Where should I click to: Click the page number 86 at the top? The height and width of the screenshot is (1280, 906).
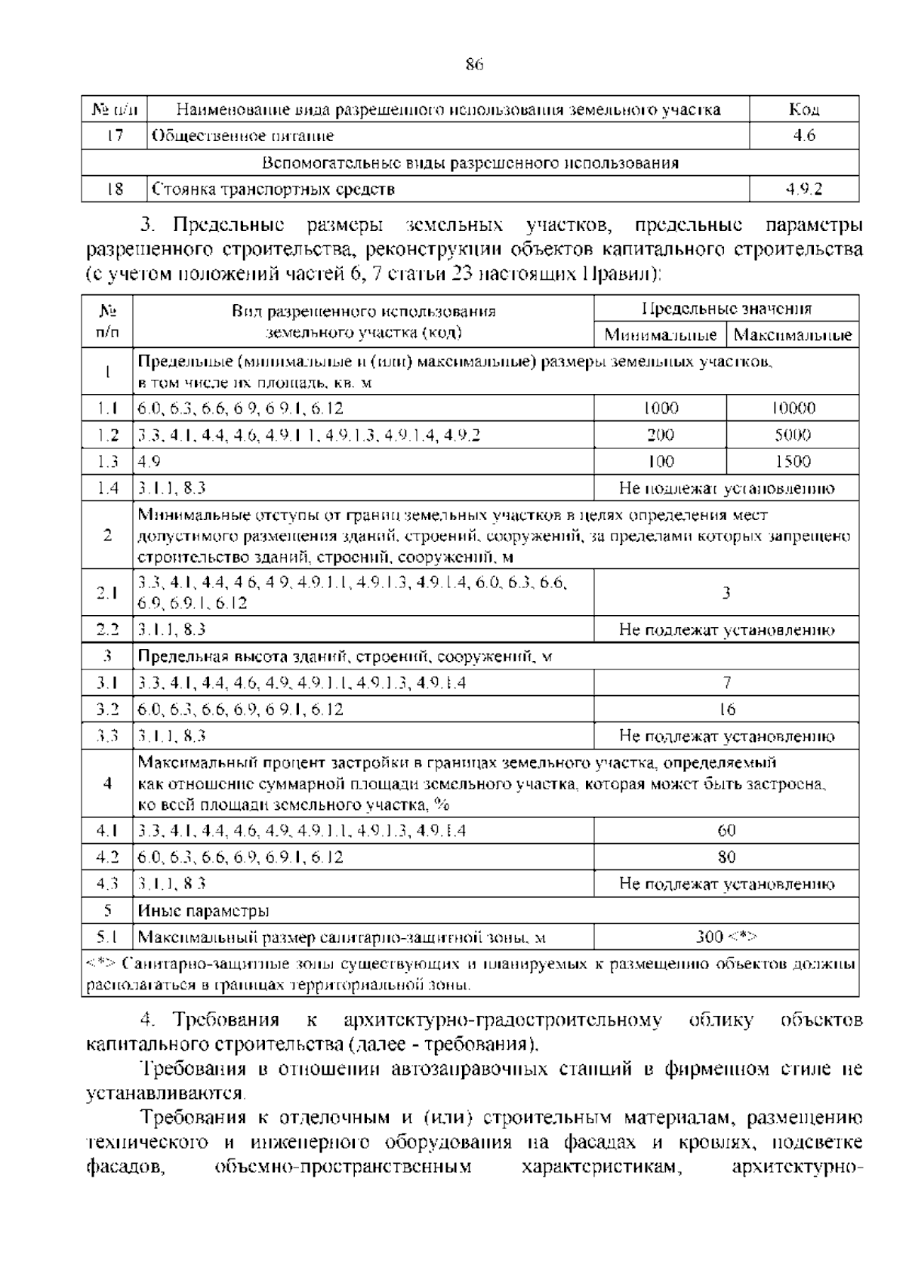click(x=473, y=65)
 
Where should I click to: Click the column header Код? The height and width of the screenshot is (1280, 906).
click(x=804, y=109)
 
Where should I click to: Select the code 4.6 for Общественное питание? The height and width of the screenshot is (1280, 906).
click(x=804, y=137)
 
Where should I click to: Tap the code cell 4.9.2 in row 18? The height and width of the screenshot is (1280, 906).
click(x=804, y=189)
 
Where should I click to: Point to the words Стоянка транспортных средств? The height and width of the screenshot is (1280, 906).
click(x=273, y=189)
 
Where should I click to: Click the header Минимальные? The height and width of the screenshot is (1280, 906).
click(x=660, y=334)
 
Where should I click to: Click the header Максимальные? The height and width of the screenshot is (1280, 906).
click(x=793, y=334)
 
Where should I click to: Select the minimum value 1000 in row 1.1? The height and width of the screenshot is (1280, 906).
click(x=660, y=408)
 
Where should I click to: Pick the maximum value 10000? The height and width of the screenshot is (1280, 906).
click(x=793, y=408)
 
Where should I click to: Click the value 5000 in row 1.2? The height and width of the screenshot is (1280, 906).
click(x=793, y=435)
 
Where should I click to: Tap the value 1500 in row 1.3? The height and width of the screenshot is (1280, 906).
click(x=793, y=461)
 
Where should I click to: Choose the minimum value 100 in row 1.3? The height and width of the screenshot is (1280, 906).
click(x=660, y=461)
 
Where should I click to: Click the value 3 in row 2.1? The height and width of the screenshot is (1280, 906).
click(x=726, y=592)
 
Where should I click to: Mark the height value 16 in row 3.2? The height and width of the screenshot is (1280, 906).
click(x=726, y=709)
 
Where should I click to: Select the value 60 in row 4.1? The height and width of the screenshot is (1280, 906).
click(x=726, y=831)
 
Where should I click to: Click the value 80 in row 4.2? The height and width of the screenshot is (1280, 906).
click(x=726, y=857)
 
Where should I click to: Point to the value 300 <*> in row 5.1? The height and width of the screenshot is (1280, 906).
click(x=726, y=937)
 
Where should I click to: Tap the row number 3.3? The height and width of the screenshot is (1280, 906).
click(x=107, y=736)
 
